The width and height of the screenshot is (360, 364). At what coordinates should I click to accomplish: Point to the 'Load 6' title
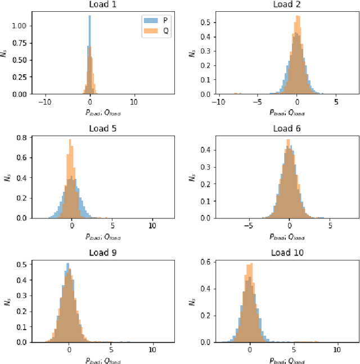pos(285,128)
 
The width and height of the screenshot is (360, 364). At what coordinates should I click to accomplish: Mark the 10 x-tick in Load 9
pos(153,349)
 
